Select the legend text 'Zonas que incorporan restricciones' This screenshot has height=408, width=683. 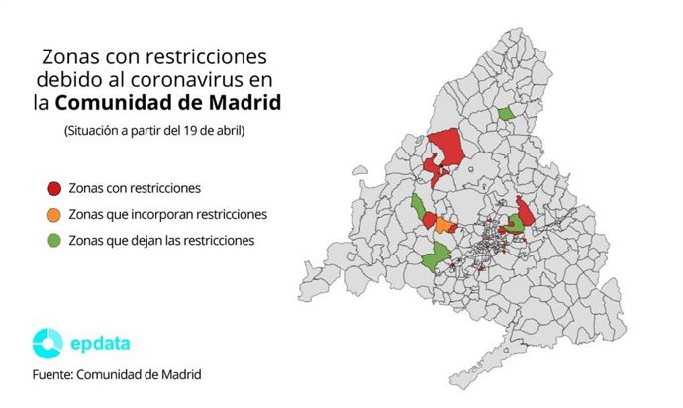tap(168, 214)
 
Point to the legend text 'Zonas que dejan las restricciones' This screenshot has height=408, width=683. tap(162, 240)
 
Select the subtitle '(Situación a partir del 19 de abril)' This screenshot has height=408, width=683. tap(153, 130)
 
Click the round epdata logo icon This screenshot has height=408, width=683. tap(48, 343)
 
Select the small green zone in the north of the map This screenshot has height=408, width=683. tap(507, 113)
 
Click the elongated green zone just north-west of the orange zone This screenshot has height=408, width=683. tap(419, 206)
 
